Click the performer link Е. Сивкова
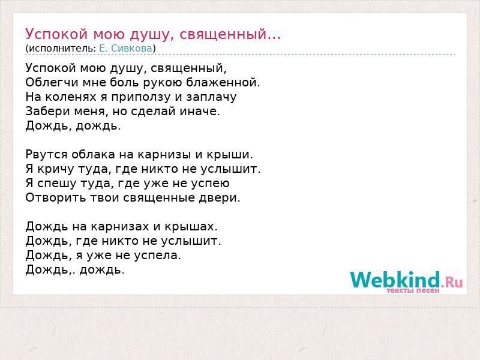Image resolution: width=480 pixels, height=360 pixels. (125, 49)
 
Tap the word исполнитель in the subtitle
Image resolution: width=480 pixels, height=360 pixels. (61, 49)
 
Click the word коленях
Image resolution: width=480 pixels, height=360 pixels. (71, 97)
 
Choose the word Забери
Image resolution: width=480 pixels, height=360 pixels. (44, 111)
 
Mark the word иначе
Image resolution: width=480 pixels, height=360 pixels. (200, 111)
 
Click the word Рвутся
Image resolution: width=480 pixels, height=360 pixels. (46, 155)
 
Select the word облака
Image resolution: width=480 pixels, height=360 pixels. (93, 154)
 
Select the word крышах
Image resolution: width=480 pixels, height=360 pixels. (191, 227)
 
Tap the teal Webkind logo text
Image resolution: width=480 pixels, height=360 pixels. (395, 280)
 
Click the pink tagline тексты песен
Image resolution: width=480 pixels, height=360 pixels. (413, 290)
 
